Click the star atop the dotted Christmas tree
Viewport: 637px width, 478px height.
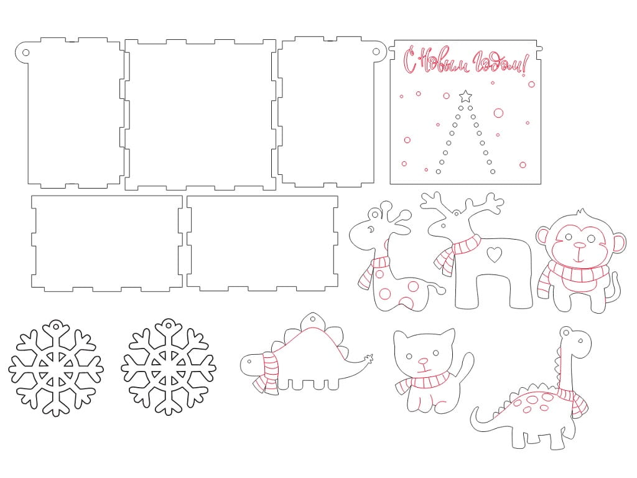(465, 96)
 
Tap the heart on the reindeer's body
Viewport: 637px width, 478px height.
(495, 254)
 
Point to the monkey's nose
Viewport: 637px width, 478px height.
(579, 245)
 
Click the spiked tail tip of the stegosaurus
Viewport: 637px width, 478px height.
(369, 358)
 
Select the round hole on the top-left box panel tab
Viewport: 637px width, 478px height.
(26, 52)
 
